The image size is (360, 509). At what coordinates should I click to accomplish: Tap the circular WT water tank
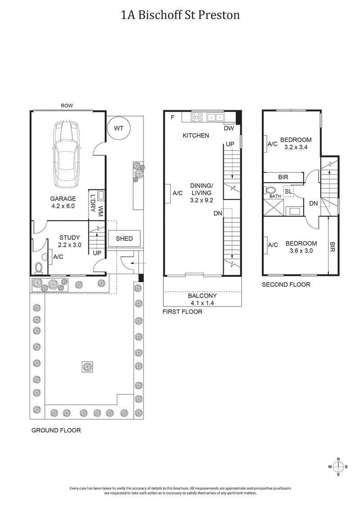[118, 128]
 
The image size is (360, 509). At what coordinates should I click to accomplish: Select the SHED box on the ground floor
[124, 239]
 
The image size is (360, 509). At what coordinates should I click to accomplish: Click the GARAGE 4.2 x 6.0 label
[63, 202]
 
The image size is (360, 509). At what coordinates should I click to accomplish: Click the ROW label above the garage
[67, 106]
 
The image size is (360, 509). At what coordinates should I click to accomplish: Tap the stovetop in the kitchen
[197, 117]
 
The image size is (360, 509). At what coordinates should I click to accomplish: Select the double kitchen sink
[215, 117]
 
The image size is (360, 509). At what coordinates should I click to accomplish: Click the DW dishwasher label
[229, 128]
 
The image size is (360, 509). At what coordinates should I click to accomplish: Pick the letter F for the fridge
[172, 117]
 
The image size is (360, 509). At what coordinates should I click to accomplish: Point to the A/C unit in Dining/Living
[166, 193]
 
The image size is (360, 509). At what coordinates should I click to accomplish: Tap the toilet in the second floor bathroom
[270, 190]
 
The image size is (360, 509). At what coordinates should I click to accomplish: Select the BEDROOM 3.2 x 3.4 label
[296, 143]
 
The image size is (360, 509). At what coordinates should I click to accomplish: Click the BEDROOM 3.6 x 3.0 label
[301, 247]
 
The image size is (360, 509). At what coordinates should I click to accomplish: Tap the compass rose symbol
[339, 466]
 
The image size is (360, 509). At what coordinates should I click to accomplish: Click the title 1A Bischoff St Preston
[180, 15]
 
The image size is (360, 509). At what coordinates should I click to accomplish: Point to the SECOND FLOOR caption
[286, 285]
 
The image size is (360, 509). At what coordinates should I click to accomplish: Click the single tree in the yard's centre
[87, 367]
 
